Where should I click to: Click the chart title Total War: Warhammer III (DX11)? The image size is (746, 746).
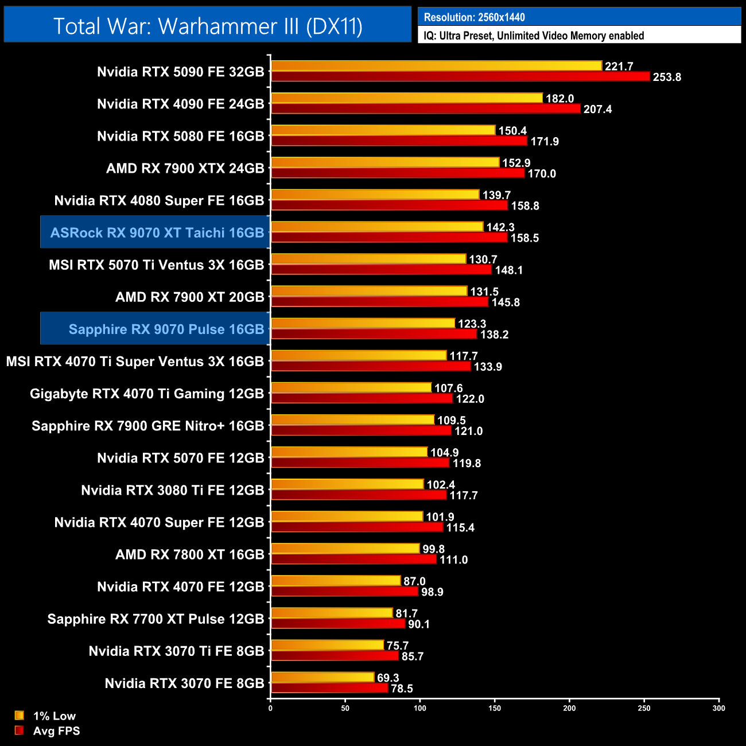click(x=208, y=26)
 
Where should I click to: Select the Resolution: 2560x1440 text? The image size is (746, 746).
click(x=474, y=17)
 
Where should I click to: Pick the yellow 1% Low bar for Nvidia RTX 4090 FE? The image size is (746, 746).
click(x=406, y=98)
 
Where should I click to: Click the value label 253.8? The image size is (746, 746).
click(x=666, y=77)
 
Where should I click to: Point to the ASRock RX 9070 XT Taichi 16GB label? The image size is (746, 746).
click(x=157, y=232)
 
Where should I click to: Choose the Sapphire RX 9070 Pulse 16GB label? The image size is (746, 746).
click(x=166, y=329)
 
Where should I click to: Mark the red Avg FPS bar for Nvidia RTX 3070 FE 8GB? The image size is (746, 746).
click(x=329, y=688)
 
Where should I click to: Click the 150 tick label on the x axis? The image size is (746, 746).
click(x=495, y=708)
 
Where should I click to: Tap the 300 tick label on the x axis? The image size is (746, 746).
click(x=718, y=708)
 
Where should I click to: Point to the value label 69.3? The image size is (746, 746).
click(x=388, y=678)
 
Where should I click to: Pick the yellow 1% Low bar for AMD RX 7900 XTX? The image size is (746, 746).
click(x=385, y=162)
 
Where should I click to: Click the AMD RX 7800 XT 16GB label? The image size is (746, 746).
click(x=189, y=554)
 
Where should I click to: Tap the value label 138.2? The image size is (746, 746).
click(x=494, y=334)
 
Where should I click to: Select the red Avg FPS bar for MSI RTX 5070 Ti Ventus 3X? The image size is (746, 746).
click(x=381, y=269)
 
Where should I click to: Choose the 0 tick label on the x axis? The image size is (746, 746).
click(x=270, y=708)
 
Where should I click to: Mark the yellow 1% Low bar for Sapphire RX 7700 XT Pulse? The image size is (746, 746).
click(x=332, y=613)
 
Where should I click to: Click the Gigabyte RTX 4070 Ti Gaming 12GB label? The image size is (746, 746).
click(x=146, y=394)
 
